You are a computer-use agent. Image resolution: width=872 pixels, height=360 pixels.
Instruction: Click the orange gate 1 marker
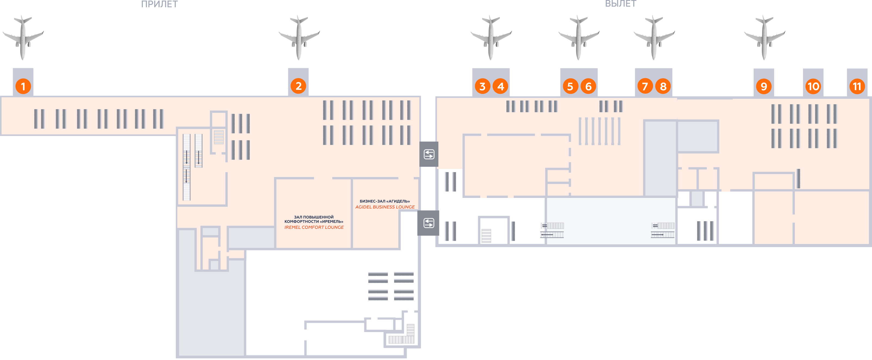23,86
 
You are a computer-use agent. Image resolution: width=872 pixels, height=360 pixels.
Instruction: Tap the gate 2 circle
298,86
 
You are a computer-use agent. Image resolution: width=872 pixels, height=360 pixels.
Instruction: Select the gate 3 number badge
482,86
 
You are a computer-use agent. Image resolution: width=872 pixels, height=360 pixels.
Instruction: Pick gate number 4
500,86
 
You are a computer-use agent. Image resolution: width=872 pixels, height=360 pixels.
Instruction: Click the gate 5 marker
570,86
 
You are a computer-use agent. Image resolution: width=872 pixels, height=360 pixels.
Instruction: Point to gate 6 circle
588,86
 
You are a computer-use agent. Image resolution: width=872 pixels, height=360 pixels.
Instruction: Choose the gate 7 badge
645,86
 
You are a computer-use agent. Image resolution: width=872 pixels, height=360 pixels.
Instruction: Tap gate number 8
663,86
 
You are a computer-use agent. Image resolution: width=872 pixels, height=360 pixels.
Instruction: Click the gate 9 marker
764,86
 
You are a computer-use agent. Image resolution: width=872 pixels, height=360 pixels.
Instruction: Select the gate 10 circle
813,86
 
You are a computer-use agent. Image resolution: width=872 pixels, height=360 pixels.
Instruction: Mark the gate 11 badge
857,86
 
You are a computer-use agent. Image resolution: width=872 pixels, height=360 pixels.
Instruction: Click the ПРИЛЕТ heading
159,4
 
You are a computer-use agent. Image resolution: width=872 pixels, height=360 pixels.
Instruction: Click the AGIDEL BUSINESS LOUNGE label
385,207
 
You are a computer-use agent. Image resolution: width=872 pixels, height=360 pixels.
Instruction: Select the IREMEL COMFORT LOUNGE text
314,227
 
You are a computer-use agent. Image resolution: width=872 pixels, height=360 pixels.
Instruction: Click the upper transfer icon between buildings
429,154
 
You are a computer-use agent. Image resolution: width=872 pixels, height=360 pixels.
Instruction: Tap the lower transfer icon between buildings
429,223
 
